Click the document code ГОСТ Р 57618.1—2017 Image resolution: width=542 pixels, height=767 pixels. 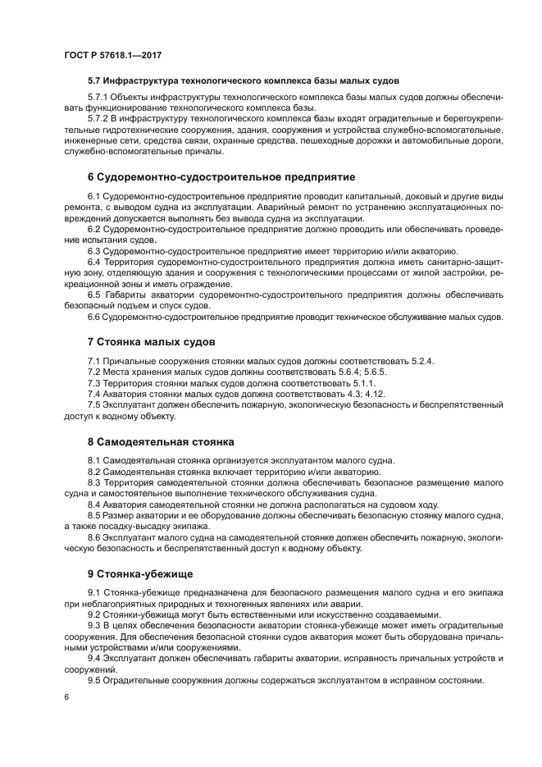(112, 53)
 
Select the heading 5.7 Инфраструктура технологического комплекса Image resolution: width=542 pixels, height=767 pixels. (244, 81)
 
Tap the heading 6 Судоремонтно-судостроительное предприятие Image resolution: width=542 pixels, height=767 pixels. (221, 176)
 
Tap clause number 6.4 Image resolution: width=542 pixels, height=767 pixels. (93, 261)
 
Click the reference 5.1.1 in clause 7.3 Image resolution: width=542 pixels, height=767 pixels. (362, 382)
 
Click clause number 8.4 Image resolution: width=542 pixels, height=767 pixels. (93, 504)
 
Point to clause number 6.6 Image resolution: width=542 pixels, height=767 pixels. (93, 317)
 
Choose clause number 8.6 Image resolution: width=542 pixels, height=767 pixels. (93, 537)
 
